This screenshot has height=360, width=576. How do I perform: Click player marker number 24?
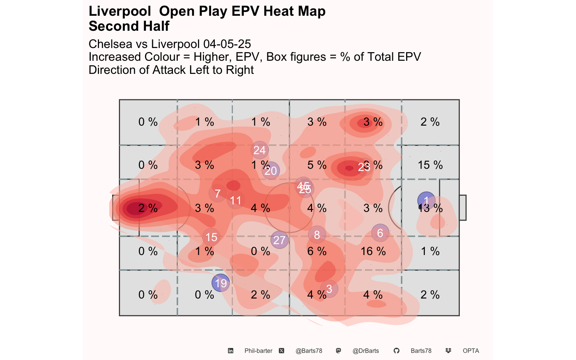point(259,150)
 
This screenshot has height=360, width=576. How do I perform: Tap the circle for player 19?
point(220,283)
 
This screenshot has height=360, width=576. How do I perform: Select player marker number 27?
point(279,240)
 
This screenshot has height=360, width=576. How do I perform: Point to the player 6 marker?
point(380,233)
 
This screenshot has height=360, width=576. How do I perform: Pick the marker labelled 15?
point(211,237)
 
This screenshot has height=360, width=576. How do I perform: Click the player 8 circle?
point(317,235)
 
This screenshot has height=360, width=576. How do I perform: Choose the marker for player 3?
point(329,289)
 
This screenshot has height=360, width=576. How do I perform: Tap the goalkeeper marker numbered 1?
point(426,201)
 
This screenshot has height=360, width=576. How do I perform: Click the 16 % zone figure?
point(373,251)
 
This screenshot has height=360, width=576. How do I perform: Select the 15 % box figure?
point(430,165)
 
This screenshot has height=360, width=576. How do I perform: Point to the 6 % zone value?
point(317,251)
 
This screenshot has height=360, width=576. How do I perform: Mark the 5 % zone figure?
point(317,165)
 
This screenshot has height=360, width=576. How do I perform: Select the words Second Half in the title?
point(129,26)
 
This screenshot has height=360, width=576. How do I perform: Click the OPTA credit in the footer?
point(471,351)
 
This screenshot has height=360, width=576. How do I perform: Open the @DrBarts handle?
point(366,351)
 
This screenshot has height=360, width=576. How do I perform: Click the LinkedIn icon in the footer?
point(231,351)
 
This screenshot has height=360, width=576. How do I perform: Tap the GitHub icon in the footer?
point(396,351)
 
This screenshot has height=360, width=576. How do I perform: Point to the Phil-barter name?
point(258,351)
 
